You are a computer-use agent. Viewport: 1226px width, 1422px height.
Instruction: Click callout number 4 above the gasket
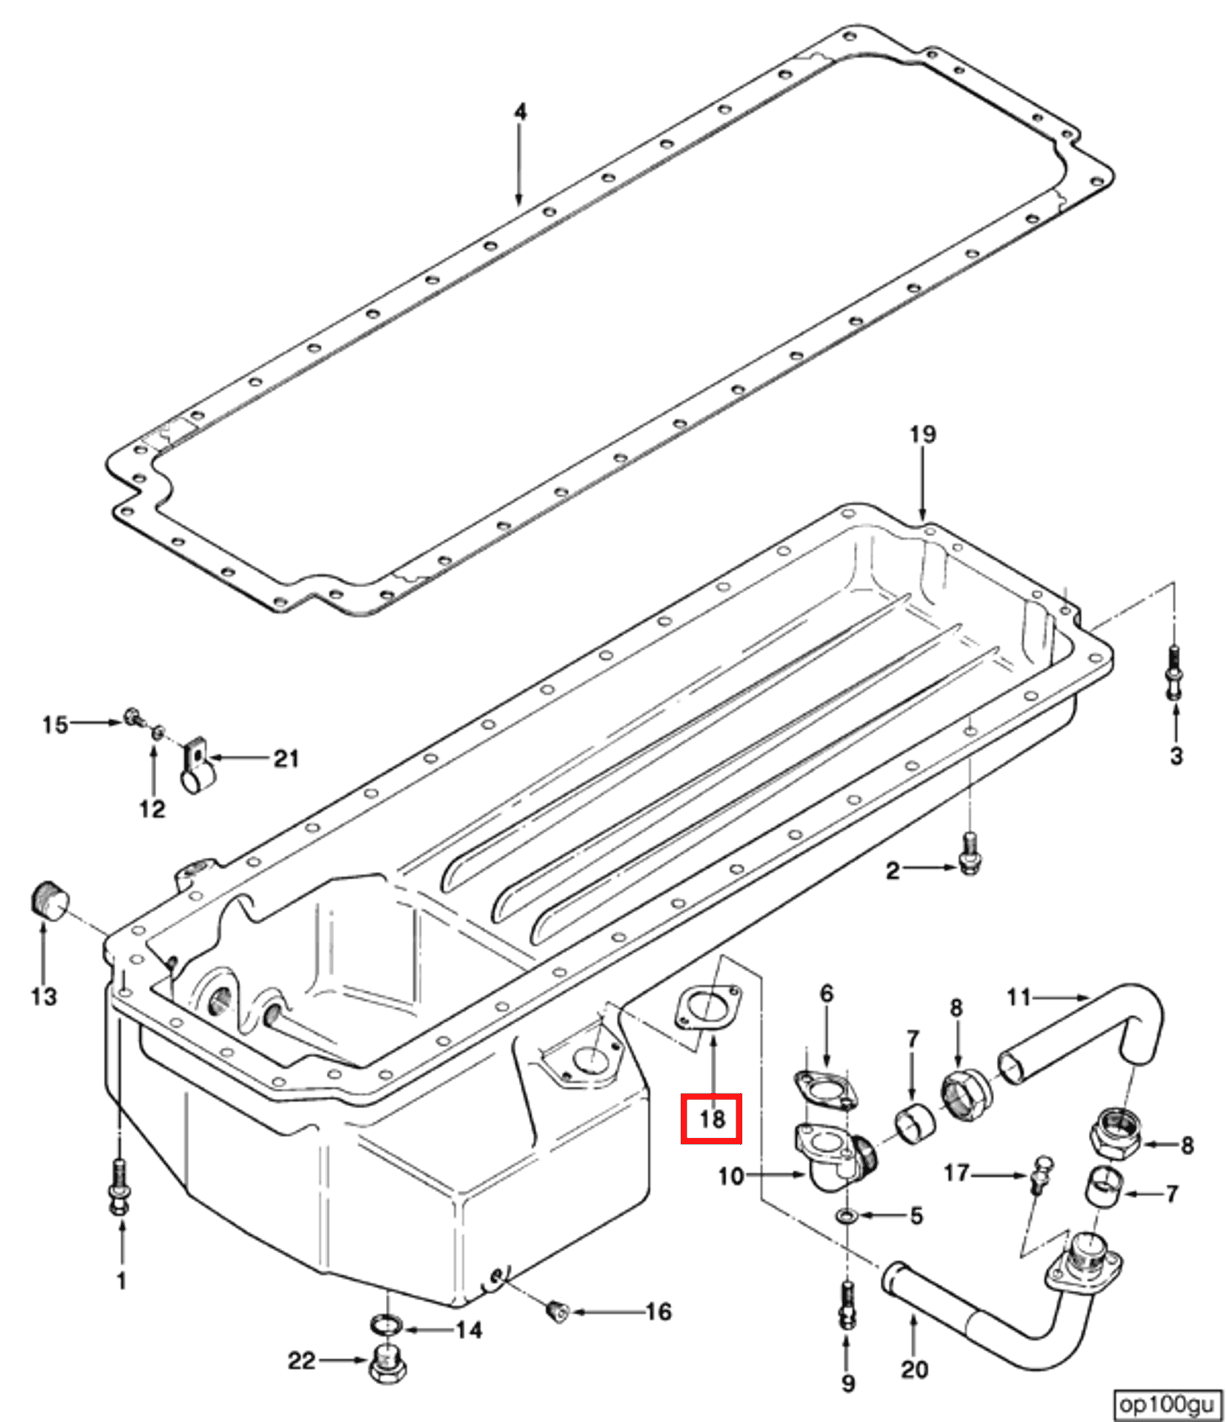tap(520, 112)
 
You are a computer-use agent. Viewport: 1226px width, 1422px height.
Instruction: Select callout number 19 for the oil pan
tap(922, 435)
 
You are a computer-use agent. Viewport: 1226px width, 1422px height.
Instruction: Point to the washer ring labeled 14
tap(387, 1324)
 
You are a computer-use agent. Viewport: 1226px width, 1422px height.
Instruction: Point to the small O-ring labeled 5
tap(846, 1216)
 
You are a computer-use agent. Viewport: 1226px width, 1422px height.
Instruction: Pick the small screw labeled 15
tap(133, 716)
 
